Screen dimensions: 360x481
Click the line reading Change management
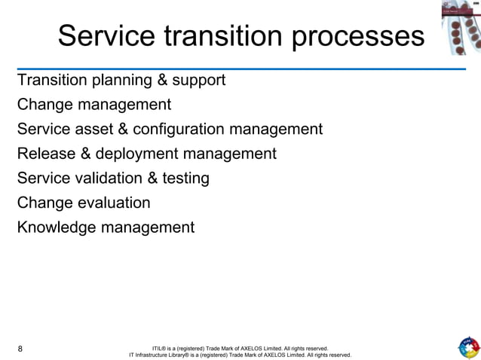pos(94,105)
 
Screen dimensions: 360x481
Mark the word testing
pos(185,178)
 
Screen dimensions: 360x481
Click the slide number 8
pos(20,349)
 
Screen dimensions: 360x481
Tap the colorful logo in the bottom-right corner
pos(467,347)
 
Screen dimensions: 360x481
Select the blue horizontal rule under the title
pos(241,69)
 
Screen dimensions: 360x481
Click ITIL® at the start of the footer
pos(159,349)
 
